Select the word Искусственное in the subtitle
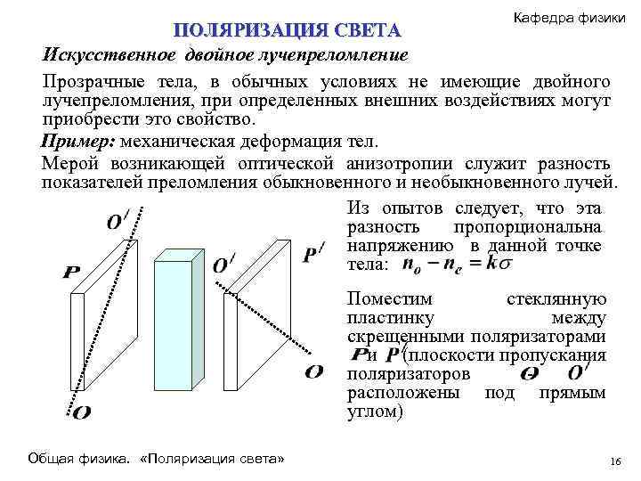coord(109,55)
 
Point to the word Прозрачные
coord(96,82)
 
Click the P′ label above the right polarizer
coord(313,255)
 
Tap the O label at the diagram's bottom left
coord(79,412)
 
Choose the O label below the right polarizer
coord(313,372)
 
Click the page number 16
coord(613,460)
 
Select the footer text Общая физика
coord(79,458)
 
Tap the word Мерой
coord(70,164)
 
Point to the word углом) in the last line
coord(375,412)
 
